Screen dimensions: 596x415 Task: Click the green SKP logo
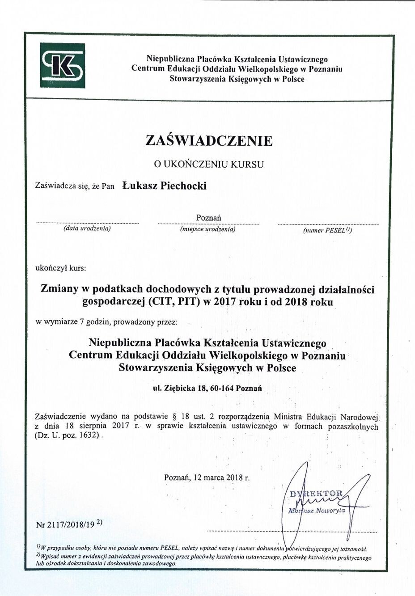[x=62, y=66]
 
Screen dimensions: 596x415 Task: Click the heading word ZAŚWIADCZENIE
[x=209, y=141]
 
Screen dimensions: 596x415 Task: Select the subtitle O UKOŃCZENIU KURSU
[x=209, y=164]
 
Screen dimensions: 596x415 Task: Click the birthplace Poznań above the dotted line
[x=209, y=218]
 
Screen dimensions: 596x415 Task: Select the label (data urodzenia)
[x=87, y=229]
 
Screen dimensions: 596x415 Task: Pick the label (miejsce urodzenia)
[x=208, y=229]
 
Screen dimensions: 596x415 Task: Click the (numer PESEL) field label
[x=328, y=231]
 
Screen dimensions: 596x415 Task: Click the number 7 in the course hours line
[x=82, y=321]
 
